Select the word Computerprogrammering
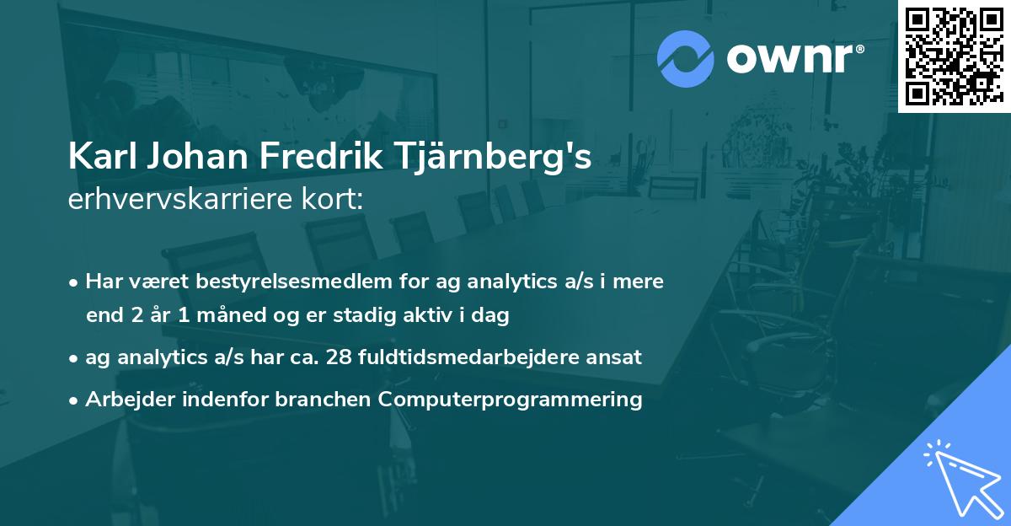[511, 399]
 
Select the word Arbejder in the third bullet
[119, 399]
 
